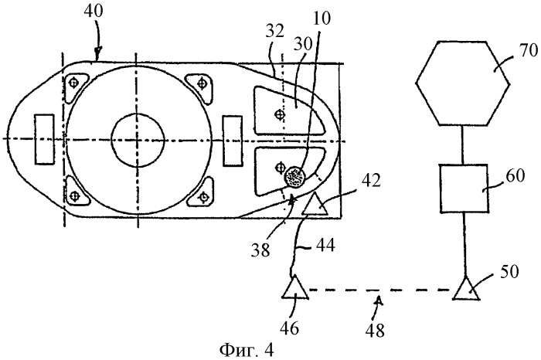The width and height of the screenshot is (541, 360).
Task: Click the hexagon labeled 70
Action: [462, 83]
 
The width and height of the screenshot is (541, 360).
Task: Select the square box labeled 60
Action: [464, 188]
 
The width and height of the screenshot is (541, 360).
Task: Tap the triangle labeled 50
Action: [467, 289]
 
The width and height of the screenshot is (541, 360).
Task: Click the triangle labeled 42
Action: [315, 205]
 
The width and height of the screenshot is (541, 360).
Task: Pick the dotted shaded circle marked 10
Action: [294, 176]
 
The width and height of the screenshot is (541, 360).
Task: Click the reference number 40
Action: [94, 12]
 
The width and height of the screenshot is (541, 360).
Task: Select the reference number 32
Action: [274, 31]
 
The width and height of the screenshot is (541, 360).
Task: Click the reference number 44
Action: [325, 246]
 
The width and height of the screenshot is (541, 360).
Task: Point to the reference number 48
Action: [375, 331]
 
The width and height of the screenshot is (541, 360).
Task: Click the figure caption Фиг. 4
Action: [247, 351]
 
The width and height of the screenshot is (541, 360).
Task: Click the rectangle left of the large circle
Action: [44, 139]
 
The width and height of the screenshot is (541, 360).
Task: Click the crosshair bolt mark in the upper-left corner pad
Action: [73, 83]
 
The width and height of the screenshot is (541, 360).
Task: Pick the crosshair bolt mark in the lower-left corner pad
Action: [74, 196]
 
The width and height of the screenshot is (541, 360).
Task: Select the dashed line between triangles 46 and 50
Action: [381, 290]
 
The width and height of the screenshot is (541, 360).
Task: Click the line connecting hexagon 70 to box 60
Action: [462, 144]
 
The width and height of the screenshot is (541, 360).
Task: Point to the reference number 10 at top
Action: [322, 18]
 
